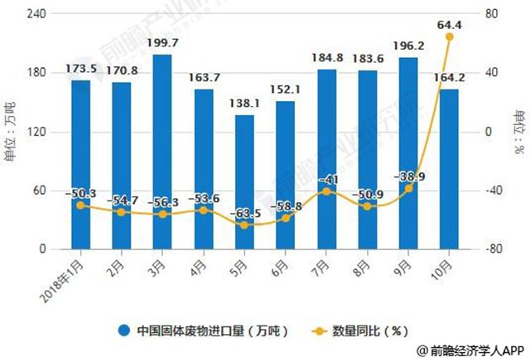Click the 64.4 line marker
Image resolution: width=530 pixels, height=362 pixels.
[449, 37]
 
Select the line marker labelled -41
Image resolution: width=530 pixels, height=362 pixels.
[326, 191]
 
